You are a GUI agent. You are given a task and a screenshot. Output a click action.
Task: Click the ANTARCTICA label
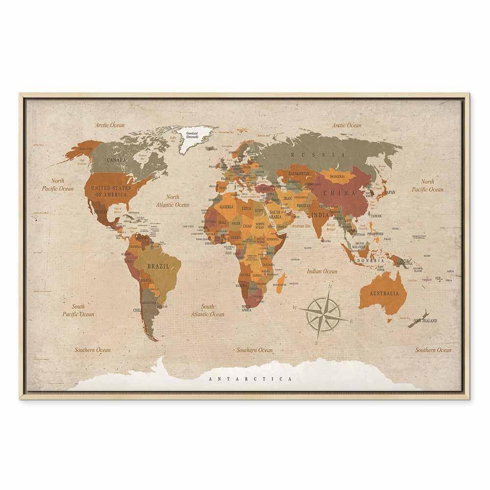(x=250, y=379)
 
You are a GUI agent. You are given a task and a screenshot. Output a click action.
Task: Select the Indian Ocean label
(x=322, y=271)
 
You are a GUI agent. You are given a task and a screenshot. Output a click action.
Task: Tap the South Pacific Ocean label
(x=78, y=310)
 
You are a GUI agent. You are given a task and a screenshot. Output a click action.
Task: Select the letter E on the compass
(x=351, y=321)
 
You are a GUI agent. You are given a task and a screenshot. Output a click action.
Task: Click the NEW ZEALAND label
(x=425, y=321)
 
